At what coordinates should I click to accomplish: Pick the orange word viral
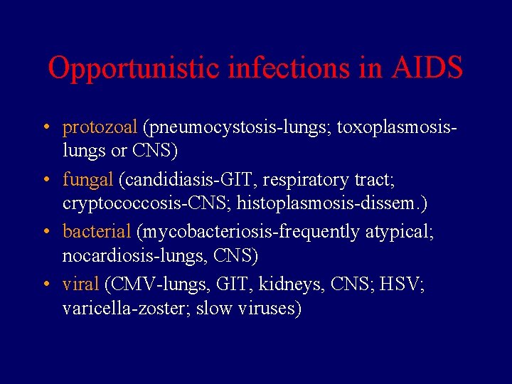[x=80, y=284]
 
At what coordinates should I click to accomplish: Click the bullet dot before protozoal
[x=45, y=129]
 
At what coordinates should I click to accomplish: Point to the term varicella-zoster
[x=124, y=309]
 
